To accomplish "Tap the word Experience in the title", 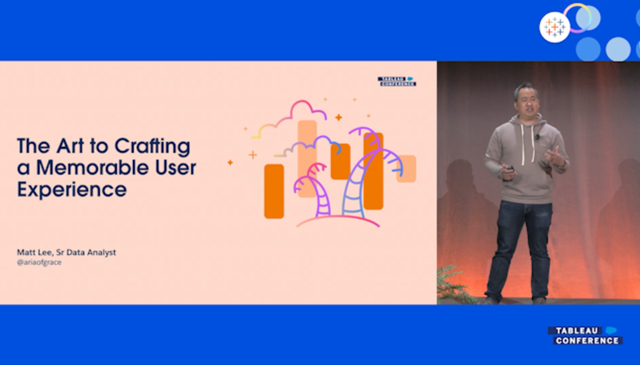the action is [x=72, y=190].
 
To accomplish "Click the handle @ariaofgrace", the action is [x=39, y=262].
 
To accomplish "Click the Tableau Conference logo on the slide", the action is [x=397, y=81].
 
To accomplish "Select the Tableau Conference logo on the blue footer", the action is [x=585, y=336].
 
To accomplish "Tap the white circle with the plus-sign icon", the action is [x=555, y=27].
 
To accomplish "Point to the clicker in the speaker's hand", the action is [x=510, y=169].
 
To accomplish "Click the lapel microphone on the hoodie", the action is [x=537, y=136].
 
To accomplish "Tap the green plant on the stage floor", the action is [x=455, y=285].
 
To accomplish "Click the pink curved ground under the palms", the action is [x=338, y=221].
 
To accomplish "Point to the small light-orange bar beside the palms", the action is [x=406, y=169].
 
